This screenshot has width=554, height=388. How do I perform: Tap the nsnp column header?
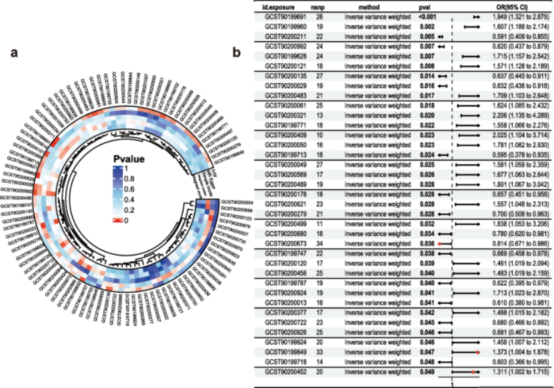pyautogui.click(x=319, y=5)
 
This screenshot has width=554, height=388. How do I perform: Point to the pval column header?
pyautogui.click(x=409, y=5)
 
